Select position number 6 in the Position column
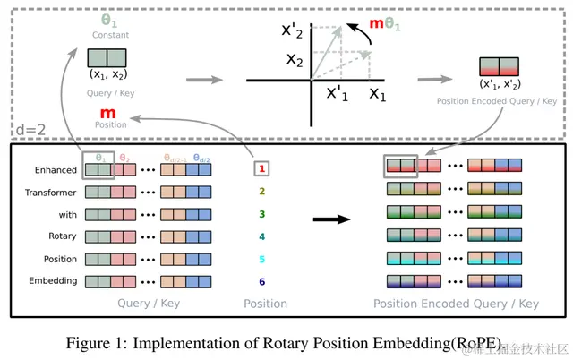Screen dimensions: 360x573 pyautogui.click(x=262, y=281)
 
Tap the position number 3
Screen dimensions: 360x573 pyautogui.click(x=262, y=214)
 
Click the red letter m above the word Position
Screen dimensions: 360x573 pyautogui.click(x=107, y=113)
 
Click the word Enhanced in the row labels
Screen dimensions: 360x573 pyautogui.click(x=56, y=169)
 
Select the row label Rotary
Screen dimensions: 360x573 pyautogui.click(x=63, y=236)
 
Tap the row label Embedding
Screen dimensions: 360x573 pyautogui.click(x=55, y=281)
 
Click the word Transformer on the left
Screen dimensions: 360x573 pyautogui.click(x=51, y=192)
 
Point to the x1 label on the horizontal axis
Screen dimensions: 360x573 pyautogui.click(x=377, y=92)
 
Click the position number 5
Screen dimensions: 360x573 pyautogui.click(x=262, y=260)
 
